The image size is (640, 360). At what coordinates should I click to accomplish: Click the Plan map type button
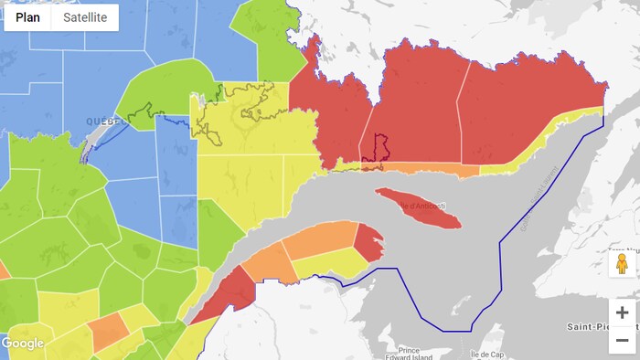pyautogui.click(x=27, y=17)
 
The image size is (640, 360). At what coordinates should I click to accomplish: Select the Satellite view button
pyautogui.click(x=85, y=17)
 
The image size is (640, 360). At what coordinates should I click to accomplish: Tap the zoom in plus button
pyautogui.click(x=622, y=312)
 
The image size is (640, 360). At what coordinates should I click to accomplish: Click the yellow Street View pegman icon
pyautogui.click(x=622, y=265)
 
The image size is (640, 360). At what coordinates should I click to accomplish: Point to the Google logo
pyautogui.click(x=23, y=344)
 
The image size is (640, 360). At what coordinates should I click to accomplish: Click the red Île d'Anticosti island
pyautogui.click(x=418, y=209)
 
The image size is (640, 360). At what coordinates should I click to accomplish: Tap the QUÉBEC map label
pyautogui.click(x=108, y=122)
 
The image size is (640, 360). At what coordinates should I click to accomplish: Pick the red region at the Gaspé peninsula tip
pyautogui.click(x=368, y=242)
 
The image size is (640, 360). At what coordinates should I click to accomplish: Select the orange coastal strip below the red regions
pyautogui.click(x=430, y=169)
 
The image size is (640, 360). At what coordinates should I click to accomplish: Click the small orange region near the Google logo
pyautogui.click(x=108, y=331)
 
